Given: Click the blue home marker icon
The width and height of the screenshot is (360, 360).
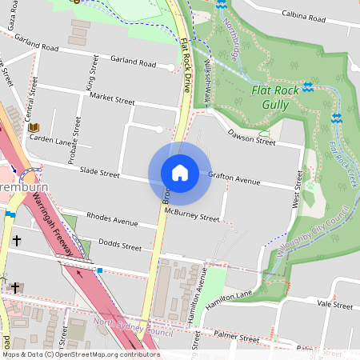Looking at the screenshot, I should pos(180,173).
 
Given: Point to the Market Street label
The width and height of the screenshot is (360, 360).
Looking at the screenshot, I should pos(113,98).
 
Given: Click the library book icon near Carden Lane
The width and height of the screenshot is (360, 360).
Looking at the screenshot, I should pos(34,127).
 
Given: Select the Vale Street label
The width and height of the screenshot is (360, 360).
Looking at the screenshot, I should pos(334,305).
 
